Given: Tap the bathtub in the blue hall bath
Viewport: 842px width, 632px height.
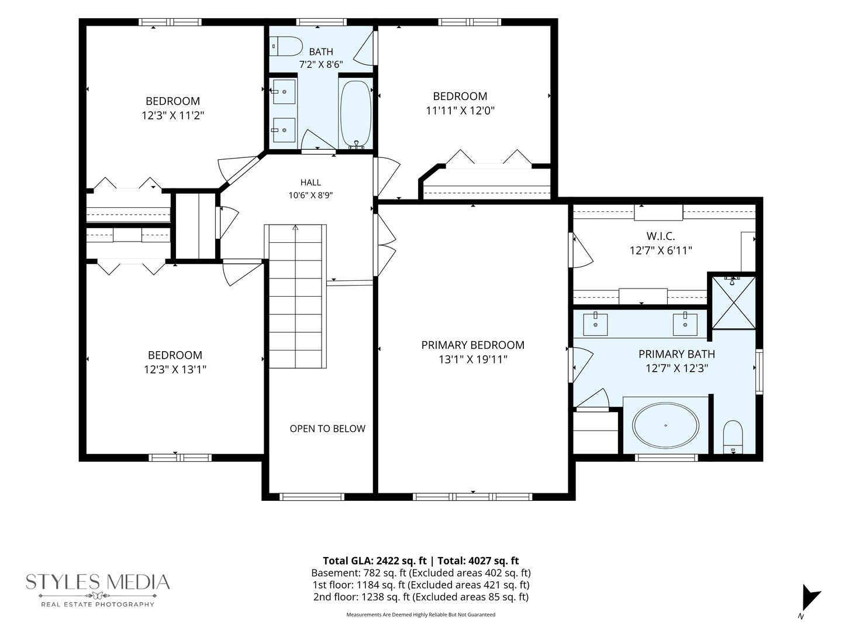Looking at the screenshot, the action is (356, 114).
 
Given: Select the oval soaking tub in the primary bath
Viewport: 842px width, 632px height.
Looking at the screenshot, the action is (665, 425).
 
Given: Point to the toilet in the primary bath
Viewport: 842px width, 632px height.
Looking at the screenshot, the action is (733, 437).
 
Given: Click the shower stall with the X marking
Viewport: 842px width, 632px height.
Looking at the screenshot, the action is (733, 303).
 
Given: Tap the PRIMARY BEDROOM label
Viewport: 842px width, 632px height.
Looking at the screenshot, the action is (472, 345).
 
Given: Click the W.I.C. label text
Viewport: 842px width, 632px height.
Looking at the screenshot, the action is (661, 236).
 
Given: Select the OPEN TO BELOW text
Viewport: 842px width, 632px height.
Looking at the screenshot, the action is (327, 428).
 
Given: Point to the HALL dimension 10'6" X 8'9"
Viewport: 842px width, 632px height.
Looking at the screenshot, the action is (310, 195).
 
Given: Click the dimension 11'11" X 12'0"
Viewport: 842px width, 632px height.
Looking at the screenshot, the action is (460, 111).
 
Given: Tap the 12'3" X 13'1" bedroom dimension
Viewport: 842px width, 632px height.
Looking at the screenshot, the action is (175, 369).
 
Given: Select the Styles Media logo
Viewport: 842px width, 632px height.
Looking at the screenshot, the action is (98, 590).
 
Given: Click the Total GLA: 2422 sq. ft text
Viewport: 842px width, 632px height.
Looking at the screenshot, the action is (374, 561).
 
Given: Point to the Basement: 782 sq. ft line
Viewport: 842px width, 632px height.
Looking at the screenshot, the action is (421, 573).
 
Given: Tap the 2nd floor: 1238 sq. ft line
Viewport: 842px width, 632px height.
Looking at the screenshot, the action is (421, 597).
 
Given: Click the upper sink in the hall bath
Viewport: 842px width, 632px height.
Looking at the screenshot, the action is (284, 92).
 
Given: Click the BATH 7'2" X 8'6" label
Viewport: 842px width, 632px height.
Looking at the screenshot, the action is (321, 58).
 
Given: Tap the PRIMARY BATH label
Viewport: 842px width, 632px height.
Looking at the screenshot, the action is (677, 354).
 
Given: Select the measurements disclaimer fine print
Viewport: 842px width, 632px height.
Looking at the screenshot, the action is (421, 614).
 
